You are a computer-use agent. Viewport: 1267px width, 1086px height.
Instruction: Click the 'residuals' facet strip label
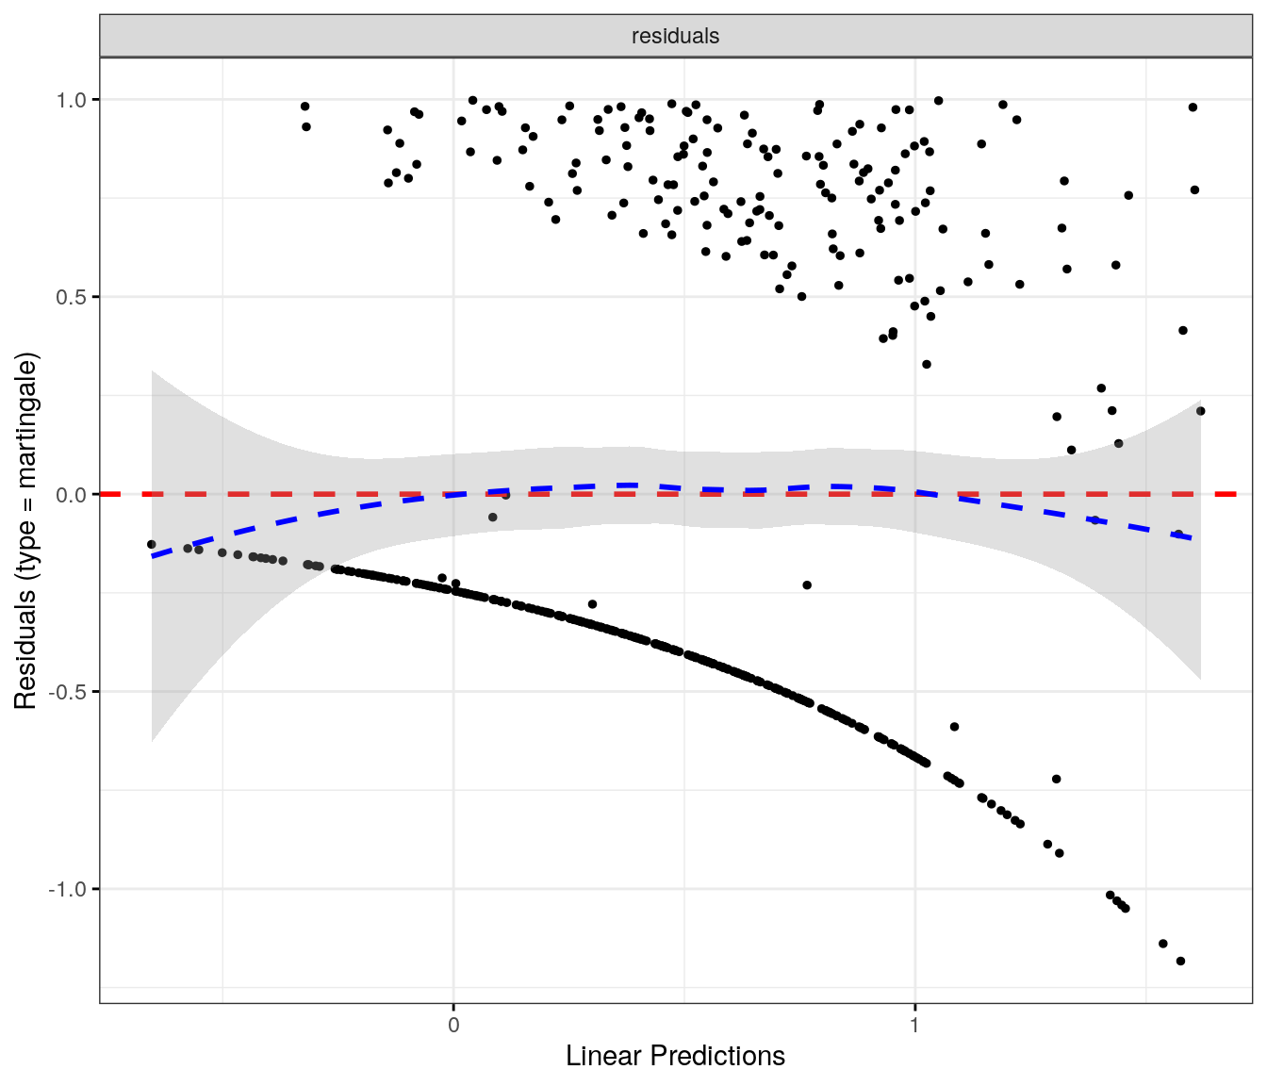click(675, 36)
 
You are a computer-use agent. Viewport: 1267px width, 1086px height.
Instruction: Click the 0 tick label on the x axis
click(453, 1025)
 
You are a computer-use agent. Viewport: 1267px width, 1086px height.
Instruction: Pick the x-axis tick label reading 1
click(914, 1025)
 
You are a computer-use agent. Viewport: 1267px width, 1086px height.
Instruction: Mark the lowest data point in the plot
click(1180, 961)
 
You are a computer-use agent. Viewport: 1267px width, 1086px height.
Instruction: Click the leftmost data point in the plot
click(152, 544)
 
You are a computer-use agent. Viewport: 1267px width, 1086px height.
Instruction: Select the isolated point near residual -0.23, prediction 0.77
click(807, 585)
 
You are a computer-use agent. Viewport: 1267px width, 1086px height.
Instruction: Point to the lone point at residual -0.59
click(954, 727)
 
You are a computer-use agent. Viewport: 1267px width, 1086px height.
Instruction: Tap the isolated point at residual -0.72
click(1057, 779)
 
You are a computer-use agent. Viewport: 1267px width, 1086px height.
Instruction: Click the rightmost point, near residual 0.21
click(1200, 411)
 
